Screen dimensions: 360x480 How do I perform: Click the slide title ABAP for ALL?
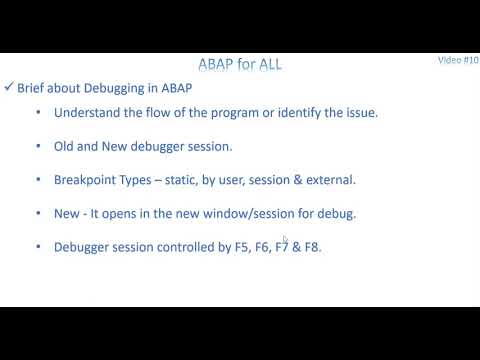(x=240, y=65)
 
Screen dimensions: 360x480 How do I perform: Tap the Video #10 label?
(x=458, y=60)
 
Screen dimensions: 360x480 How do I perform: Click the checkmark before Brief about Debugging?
(x=9, y=88)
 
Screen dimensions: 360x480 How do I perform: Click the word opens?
(x=127, y=214)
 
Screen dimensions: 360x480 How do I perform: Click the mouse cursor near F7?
(x=285, y=239)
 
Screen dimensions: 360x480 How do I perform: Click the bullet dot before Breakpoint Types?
(x=38, y=180)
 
